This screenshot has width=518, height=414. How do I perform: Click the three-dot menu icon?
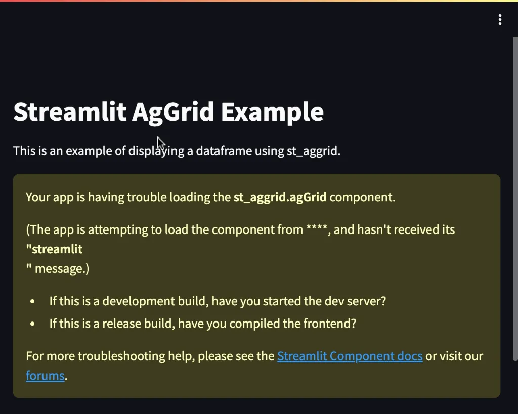point(500,20)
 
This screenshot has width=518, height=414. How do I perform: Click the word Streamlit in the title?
point(70,112)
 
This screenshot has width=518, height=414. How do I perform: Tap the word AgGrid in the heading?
point(173,112)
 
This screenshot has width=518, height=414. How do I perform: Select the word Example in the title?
point(272,112)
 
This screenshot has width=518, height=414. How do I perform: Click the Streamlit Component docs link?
point(350,356)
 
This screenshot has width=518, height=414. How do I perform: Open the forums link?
point(45,376)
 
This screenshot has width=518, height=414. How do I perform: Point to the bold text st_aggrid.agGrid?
point(280,197)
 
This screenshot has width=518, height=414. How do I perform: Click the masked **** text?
point(317,228)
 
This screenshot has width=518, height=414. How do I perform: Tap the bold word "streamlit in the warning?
point(54,249)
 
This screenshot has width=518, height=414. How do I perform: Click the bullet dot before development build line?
point(32,301)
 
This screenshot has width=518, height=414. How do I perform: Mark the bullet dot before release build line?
point(32,324)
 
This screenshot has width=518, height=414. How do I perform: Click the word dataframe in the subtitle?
point(224,151)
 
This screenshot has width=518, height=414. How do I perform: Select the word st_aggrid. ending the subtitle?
point(314,151)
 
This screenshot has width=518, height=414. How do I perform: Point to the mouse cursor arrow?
point(161,144)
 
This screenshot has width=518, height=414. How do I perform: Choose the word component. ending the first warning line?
point(362,198)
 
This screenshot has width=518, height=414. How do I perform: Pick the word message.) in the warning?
point(62,269)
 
